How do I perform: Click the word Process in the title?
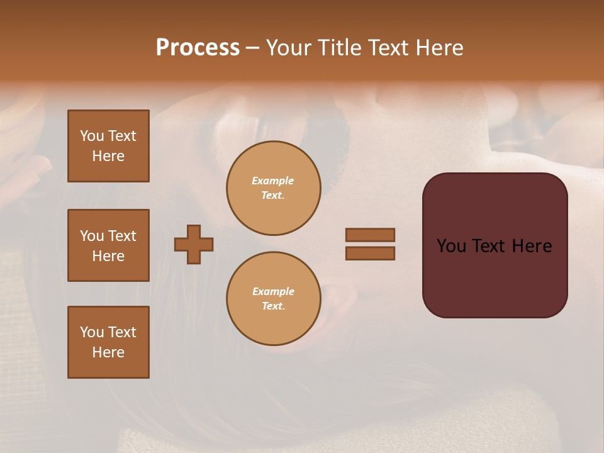point(198,48)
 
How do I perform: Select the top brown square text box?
point(108,146)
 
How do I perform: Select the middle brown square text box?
point(108,245)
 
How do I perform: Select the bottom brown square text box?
point(108,342)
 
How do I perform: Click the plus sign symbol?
point(194,244)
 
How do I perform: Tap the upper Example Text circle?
point(274,188)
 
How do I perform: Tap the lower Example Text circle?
point(274,299)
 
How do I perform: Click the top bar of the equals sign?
point(370,235)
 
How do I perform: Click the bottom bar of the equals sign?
point(370,253)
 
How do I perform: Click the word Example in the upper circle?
point(272,181)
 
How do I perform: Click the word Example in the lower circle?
point(273,291)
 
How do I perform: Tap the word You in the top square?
point(92,136)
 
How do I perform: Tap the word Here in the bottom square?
point(108,352)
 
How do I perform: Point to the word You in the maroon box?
point(452,246)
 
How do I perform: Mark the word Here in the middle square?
point(108,256)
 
